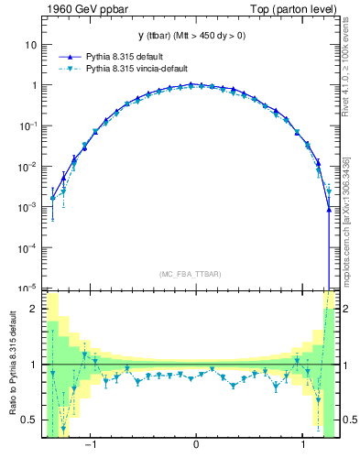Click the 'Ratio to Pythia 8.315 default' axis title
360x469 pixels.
pos(12,365)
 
